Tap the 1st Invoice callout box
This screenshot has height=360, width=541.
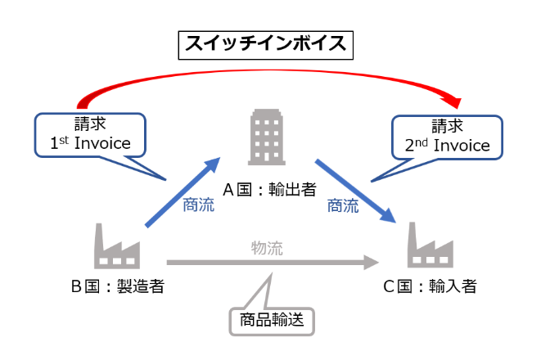pyautogui.click(x=90, y=135)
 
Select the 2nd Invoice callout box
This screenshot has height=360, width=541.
pyautogui.click(x=446, y=137)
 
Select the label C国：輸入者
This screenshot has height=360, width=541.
pyautogui.click(x=429, y=287)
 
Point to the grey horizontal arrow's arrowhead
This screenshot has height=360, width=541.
pyautogui.click(x=371, y=263)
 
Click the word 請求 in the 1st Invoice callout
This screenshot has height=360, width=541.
pyautogui.click(x=90, y=124)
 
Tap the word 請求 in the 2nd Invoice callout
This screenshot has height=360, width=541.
pyautogui.click(x=446, y=126)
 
